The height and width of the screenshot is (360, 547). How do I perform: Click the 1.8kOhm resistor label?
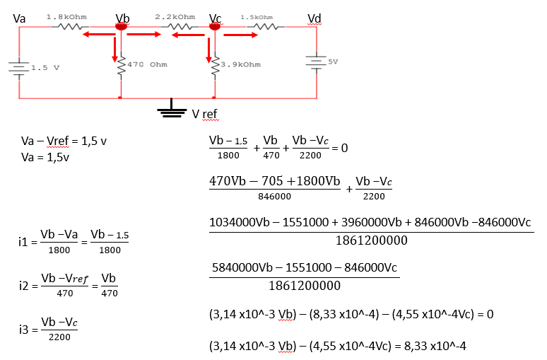click(x=66, y=17)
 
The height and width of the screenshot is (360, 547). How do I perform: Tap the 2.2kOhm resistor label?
click(x=175, y=17)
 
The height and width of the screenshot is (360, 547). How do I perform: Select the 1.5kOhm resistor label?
click(x=257, y=17)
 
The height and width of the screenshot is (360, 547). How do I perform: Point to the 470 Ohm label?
click(x=147, y=64)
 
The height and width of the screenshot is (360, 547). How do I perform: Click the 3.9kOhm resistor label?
click(x=241, y=64)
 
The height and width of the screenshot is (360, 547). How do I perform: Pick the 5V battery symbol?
click(x=316, y=62)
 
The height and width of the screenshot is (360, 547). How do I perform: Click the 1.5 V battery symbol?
click(x=19, y=67)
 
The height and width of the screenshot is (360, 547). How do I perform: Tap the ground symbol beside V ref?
click(x=172, y=109)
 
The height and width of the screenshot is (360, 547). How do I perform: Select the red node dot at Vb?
click(x=121, y=26)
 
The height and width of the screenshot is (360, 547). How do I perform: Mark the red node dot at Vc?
click(x=215, y=26)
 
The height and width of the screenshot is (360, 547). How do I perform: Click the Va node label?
click(x=19, y=18)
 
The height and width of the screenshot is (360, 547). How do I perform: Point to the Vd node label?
click(x=314, y=18)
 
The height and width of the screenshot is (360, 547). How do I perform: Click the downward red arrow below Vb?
click(x=114, y=50)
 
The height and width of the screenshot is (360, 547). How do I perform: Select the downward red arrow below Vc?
click(x=208, y=50)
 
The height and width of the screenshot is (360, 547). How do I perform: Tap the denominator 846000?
click(x=274, y=197)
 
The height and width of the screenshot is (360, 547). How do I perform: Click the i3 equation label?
click(x=25, y=330)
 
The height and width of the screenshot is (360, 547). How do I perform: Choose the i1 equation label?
click(x=23, y=242)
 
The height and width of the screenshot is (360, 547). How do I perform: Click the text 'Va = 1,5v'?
click(x=45, y=158)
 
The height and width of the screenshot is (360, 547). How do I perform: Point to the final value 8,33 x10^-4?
click(x=435, y=346)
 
